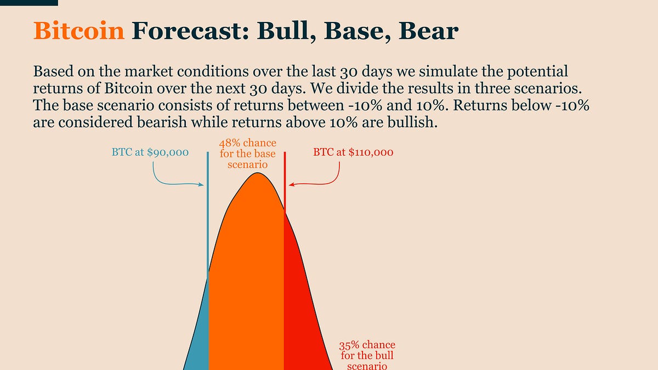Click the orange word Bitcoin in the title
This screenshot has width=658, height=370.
79,31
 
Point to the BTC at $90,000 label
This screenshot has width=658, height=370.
150,152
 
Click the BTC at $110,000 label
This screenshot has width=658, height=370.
353,152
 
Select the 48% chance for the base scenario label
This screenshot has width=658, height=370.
248,153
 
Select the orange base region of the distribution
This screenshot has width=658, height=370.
247,274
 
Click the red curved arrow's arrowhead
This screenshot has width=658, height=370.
291,185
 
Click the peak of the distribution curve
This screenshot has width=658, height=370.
257,174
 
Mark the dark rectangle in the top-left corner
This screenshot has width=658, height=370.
29,2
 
